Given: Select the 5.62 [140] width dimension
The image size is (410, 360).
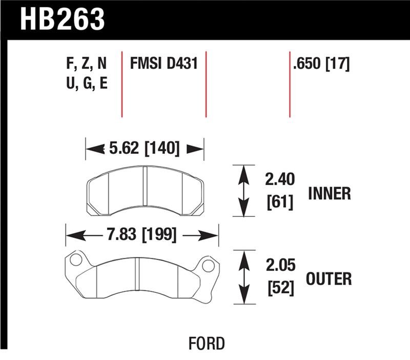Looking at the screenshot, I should [144, 149].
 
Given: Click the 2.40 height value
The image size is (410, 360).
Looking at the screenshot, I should [279, 180].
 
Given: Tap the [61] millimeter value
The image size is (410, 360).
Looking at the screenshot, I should [279, 203].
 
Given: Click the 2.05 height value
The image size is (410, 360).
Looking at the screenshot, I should [279, 267].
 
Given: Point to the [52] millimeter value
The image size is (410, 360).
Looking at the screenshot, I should [279, 288].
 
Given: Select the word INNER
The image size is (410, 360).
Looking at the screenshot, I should [330, 193].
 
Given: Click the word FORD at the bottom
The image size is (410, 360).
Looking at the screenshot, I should [206, 343].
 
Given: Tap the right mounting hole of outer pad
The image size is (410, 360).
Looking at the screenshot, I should [208, 266].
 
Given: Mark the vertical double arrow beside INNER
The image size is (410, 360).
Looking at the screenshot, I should [244, 191].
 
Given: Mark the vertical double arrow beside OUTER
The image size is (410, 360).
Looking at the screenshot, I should [244, 277].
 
